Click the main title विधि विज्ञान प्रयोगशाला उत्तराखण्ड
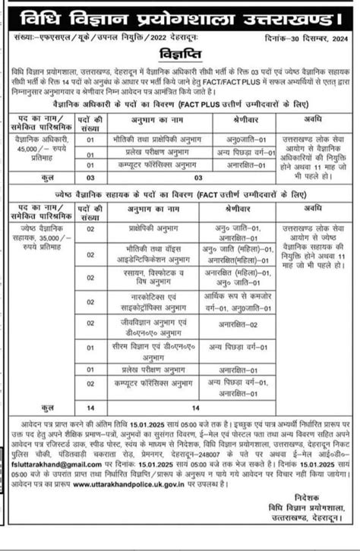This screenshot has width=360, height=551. coord(180,15)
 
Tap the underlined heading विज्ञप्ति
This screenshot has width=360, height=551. coord(179,55)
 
